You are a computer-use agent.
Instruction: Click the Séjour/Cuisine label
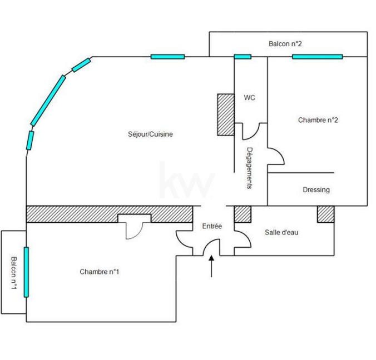coord(150,134)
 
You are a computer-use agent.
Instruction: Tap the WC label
coord(250,98)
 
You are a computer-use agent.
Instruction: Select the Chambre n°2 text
coord(318,120)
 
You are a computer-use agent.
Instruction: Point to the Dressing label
coord(316,189)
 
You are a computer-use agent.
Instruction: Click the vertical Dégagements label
coord(250,168)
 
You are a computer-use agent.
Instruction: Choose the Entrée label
coord(212,226)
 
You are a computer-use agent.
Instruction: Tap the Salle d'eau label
coord(281,232)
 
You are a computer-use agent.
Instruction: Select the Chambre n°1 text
coord(100,272)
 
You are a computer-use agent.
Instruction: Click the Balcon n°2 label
coord(285,43)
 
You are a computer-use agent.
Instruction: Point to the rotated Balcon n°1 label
coord(14,272)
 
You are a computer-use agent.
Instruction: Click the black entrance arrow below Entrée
coord(211,266)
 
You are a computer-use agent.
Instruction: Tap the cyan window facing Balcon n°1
coord(26,272)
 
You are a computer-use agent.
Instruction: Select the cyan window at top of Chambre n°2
coord(317,56)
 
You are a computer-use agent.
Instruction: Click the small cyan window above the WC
coord(242,56)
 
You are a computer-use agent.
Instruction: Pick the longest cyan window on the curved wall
coord(48,101)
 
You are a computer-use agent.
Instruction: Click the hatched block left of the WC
coord(225,114)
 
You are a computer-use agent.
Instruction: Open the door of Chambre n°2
coord(276,157)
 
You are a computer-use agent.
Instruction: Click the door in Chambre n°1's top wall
coord(134,227)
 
